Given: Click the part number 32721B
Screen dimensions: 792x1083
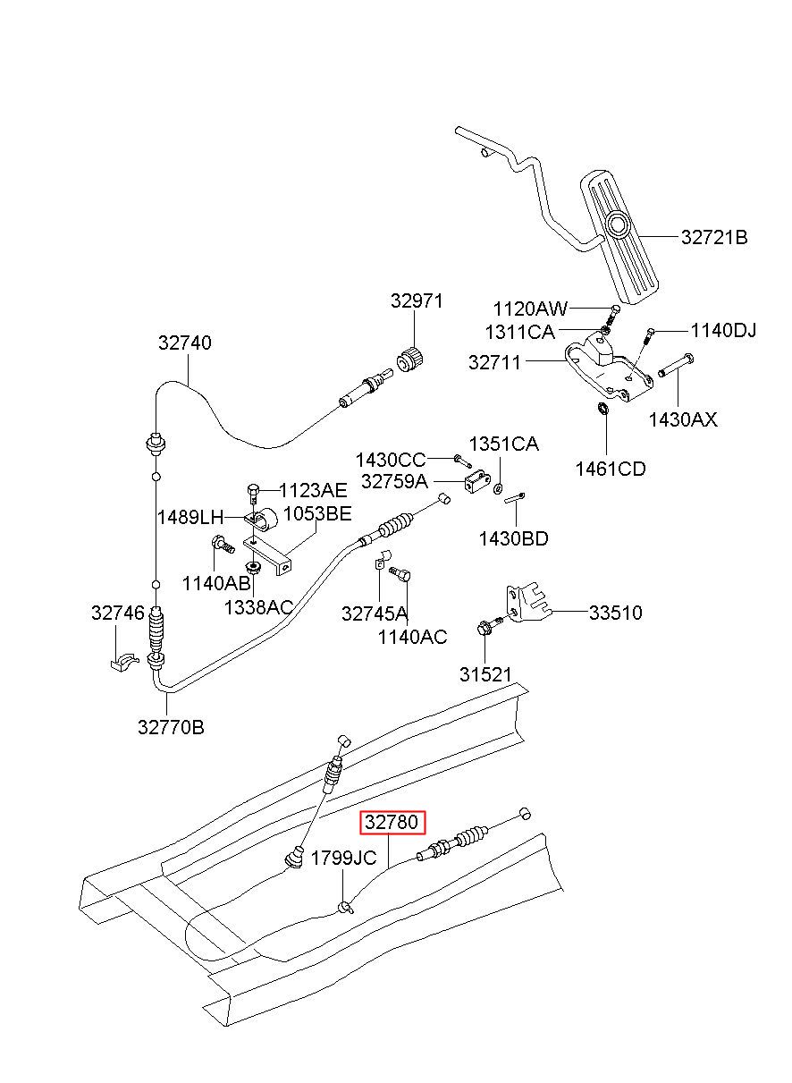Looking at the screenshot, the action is coord(713,237).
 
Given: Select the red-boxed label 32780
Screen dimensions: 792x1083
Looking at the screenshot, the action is coord(392,822).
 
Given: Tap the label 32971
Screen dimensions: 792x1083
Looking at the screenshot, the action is coord(417,301).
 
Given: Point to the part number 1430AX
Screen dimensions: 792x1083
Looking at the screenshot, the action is coord(683,419).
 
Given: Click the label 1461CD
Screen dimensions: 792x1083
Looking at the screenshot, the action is coord(611,469).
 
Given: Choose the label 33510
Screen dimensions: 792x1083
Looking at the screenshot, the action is coord(615,613).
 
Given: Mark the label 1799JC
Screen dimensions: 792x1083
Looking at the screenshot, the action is coord(343,859).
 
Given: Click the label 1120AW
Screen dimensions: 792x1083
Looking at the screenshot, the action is coord(530,309).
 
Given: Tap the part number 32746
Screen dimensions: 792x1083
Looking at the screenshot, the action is coord(118,613).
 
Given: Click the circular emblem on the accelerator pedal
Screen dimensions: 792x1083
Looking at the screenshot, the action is coord(618,224).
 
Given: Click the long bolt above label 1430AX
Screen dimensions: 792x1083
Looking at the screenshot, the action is coord(676,366).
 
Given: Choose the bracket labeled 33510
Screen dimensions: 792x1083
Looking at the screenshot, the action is coord(529,605).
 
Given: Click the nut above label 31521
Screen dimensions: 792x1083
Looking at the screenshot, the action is coord(484,629).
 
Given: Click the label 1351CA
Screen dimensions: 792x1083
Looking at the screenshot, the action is coord(503,444).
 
